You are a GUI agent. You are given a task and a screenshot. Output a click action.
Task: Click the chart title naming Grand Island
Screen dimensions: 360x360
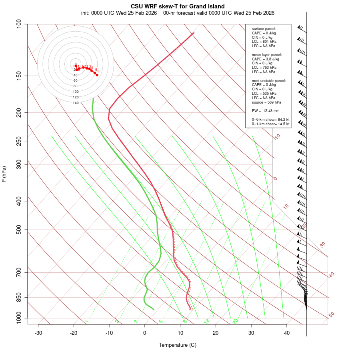[x=178, y=6]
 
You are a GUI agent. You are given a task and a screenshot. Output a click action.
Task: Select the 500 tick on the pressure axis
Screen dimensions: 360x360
[x=19, y=230]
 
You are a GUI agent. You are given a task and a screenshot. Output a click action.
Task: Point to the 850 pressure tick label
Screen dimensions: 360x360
[x=19, y=297]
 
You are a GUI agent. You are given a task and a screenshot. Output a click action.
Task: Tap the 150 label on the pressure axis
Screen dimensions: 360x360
[x=19, y=76]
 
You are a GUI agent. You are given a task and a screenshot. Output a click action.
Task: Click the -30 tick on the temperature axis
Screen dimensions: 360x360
[x=38, y=333]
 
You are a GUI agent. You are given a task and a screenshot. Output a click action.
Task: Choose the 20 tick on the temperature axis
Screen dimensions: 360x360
[x=216, y=333]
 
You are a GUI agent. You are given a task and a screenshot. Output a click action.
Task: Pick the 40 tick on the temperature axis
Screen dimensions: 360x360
[x=287, y=333]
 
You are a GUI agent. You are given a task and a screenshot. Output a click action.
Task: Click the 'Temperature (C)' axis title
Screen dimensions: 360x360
[x=178, y=345]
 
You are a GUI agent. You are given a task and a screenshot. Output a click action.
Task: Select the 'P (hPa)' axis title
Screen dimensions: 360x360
[x=4, y=174]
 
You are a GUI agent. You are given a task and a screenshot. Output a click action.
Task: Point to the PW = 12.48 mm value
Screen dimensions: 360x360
[x=266, y=111]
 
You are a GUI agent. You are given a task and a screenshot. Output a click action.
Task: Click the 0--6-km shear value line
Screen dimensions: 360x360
[x=270, y=120]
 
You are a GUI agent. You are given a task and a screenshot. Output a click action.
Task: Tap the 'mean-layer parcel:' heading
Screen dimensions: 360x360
[x=267, y=54]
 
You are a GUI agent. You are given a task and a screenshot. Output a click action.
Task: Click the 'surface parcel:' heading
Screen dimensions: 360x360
[x=264, y=29]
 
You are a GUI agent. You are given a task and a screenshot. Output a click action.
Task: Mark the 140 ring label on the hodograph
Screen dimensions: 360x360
[x=76, y=103]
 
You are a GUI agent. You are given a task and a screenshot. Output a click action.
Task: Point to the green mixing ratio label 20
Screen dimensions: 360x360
[x=236, y=321]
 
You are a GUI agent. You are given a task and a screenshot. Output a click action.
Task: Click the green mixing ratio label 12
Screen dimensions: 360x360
[x=207, y=321]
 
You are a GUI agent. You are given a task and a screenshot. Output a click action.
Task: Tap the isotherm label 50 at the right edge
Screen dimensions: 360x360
[x=331, y=315]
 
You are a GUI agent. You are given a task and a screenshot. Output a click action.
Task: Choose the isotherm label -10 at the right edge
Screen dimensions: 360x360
[x=276, y=137]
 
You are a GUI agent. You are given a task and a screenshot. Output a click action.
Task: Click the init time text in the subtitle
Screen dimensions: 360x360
[x=120, y=13]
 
